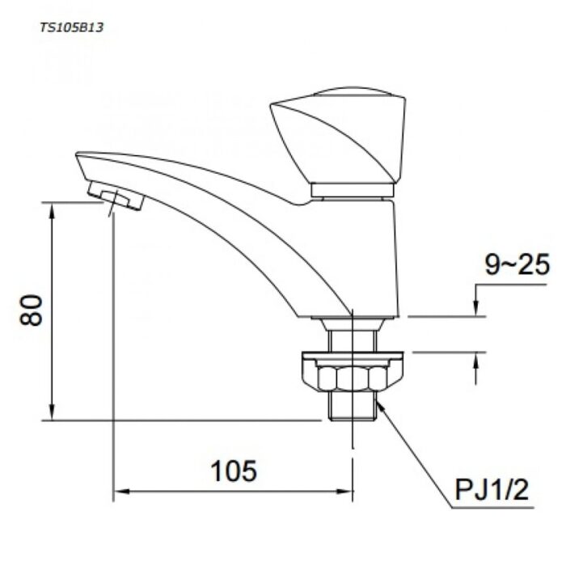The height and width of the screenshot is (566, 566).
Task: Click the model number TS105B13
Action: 71,27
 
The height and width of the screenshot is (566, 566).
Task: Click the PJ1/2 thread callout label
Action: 490,491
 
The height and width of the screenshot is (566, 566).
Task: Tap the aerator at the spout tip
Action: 116,196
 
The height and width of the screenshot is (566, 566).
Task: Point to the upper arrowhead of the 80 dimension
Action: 52,209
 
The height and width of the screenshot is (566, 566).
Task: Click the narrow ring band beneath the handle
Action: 352,191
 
